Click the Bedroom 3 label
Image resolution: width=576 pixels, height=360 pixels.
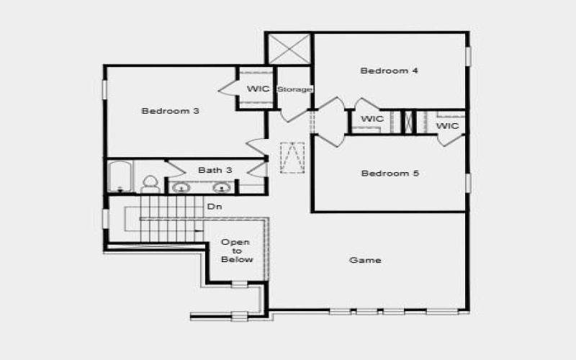[170, 111]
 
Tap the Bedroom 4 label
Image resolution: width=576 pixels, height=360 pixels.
[390, 71]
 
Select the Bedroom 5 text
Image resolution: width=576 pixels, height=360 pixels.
[390, 174]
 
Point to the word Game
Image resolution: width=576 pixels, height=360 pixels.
[364, 260]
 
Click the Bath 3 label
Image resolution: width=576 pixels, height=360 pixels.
[215, 171]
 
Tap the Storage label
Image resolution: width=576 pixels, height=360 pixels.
[294, 89]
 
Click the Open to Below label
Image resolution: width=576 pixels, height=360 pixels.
[236, 251]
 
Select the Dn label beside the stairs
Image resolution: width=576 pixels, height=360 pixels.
[214, 207]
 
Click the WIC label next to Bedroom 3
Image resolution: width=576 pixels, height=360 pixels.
[258, 89]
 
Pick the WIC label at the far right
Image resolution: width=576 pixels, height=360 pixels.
[448, 126]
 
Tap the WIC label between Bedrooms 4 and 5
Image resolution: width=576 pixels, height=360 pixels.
[372, 119]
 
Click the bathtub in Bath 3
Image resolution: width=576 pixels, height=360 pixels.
[119, 177]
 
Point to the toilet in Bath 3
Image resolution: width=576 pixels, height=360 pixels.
[150, 184]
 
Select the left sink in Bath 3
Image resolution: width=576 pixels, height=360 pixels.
[182, 188]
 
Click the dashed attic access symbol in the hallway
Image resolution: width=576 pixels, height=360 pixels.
[292, 158]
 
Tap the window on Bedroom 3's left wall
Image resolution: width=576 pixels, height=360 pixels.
[104, 89]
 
